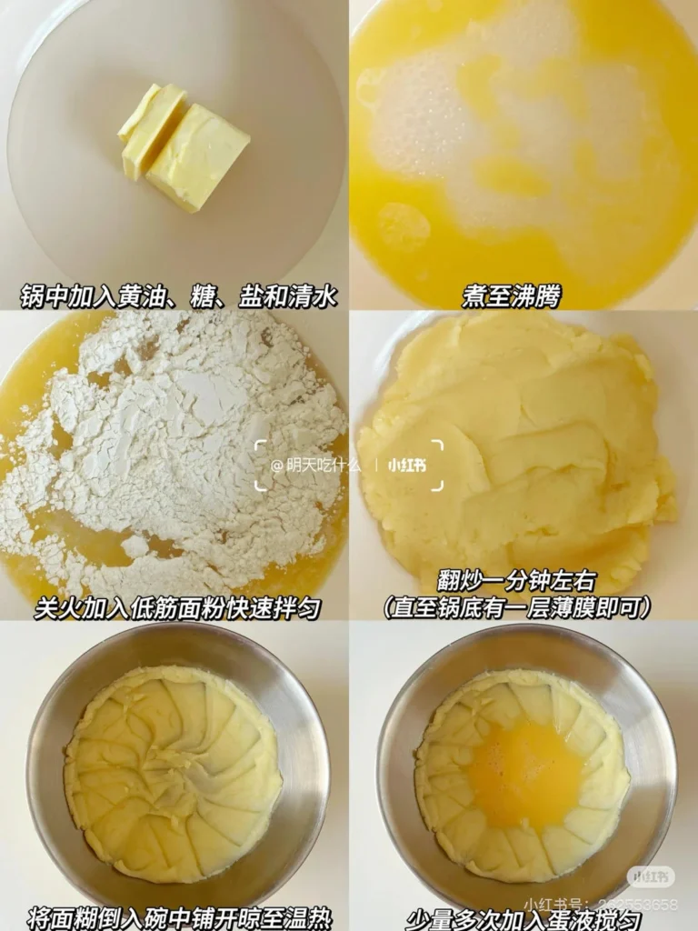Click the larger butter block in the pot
(197, 155)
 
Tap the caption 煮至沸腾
(511, 296)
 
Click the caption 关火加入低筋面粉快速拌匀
(177, 607)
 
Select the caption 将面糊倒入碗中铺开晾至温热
(176, 916)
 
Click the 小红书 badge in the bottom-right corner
(651, 876)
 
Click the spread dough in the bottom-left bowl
(173, 773)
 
